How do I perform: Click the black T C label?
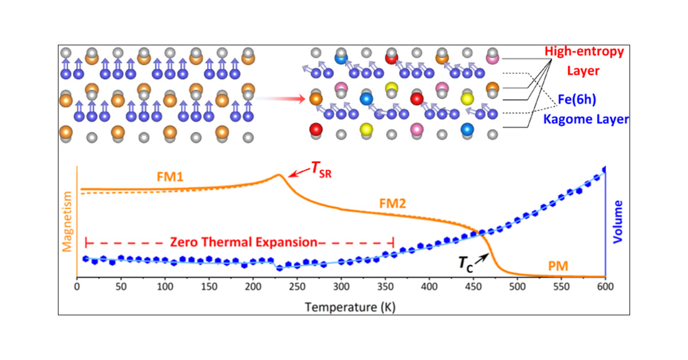[x=465, y=263]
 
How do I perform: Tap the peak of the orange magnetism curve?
[x=279, y=175]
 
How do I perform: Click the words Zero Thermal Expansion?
[x=243, y=242]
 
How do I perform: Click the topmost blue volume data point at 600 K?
[x=605, y=170]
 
